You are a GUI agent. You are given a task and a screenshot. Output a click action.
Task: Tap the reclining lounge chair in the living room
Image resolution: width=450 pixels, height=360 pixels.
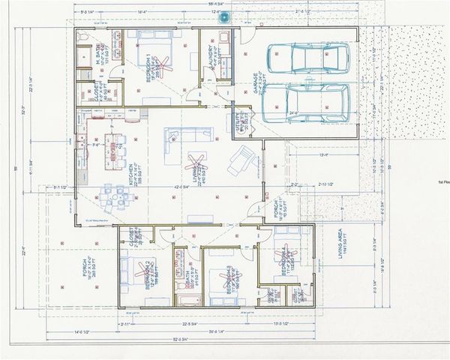click(x=241, y=159)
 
